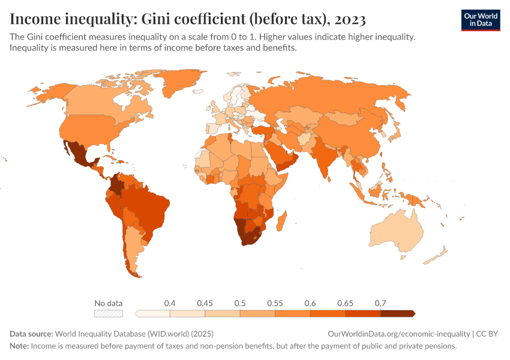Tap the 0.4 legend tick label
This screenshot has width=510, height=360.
[x=170, y=304]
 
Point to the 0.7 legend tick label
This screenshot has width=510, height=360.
[x=380, y=304]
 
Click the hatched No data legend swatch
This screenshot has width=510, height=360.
[x=109, y=313]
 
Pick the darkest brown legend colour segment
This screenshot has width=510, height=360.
[x=397, y=313]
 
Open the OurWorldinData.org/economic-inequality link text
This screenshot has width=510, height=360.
[x=399, y=334]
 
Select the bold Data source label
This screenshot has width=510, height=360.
[x=31, y=334]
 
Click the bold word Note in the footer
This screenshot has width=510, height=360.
[x=19, y=346]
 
